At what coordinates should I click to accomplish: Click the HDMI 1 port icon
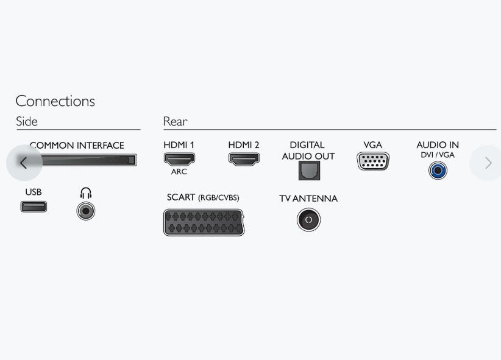pyautogui.click(x=179, y=159)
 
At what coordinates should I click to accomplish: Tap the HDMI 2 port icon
pyautogui.click(x=244, y=159)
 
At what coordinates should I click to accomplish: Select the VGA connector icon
pyautogui.click(x=373, y=161)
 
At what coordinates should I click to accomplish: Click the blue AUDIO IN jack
pyautogui.click(x=438, y=171)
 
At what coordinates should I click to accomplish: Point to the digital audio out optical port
pyautogui.click(x=309, y=171)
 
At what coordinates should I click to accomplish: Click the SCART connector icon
pyautogui.click(x=204, y=223)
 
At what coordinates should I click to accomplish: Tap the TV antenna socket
pyautogui.click(x=308, y=220)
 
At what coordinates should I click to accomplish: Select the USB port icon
pyautogui.click(x=34, y=206)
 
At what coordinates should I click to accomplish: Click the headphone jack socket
pyautogui.click(x=85, y=211)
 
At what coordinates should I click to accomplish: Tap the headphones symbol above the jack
pyautogui.click(x=85, y=193)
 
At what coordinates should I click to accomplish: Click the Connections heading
pyautogui.click(x=55, y=101)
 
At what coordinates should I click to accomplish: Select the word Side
pyautogui.click(x=27, y=121)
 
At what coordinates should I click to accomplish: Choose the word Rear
pyautogui.click(x=175, y=121)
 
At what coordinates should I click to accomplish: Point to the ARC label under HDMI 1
pyautogui.click(x=179, y=172)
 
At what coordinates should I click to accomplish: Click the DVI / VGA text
pyautogui.click(x=438, y=155)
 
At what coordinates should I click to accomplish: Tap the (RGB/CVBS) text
pyautogui.click(x=219, y=198)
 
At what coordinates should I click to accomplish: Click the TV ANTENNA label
pyautogui.click(x=308, y=199)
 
